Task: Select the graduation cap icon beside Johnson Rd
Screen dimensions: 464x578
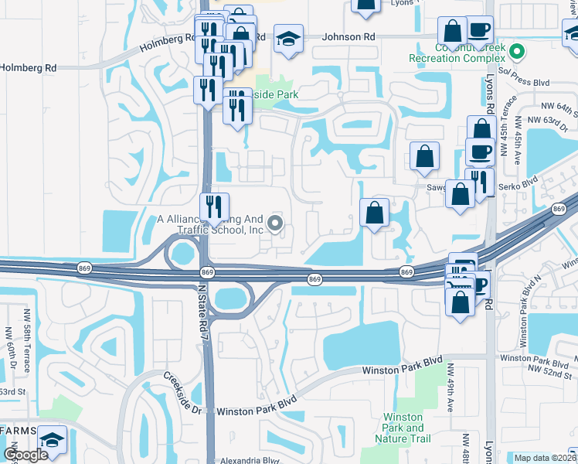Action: [x=287, y=42]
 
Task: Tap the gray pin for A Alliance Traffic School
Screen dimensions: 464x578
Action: [x=274, y=225]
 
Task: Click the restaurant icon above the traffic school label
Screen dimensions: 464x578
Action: [x=214, y=206]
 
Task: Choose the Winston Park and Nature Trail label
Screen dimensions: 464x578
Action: [x=403, y=428]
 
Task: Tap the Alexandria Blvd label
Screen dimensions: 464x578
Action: [x=248, y=459]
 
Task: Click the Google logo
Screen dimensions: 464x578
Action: [x=25, y=455]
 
